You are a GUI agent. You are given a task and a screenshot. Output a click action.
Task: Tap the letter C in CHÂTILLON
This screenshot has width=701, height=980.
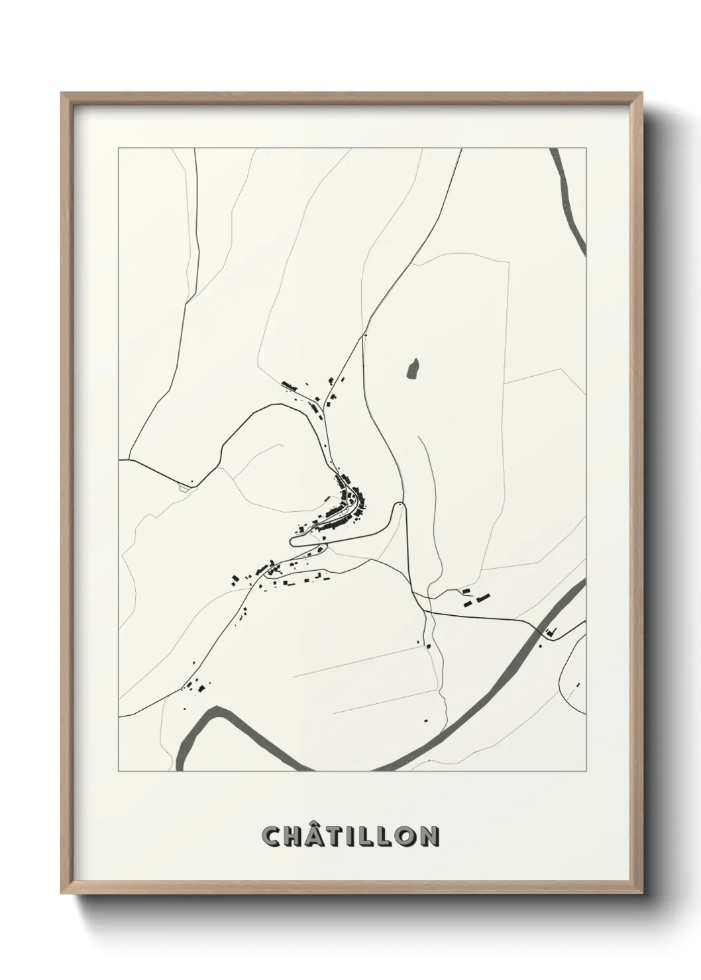[272, 836]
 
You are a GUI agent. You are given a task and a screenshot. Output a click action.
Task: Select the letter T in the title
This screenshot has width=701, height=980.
[338, 836]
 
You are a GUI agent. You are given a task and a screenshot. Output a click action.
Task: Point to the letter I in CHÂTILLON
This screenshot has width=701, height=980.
[355, 836]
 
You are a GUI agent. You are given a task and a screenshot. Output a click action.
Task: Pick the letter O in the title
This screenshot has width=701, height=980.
[405, 836]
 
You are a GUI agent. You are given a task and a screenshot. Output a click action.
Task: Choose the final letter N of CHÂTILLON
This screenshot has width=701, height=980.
[428, 836]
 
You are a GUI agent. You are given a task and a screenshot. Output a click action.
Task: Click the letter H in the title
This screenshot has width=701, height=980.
[295, 836]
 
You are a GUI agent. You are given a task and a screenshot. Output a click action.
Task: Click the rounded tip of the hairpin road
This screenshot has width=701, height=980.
[399, 506]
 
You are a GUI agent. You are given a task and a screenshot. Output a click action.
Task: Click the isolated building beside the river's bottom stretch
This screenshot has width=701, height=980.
[426, 720]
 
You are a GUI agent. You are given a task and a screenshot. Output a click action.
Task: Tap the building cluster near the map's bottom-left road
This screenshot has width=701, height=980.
[196, 686]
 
